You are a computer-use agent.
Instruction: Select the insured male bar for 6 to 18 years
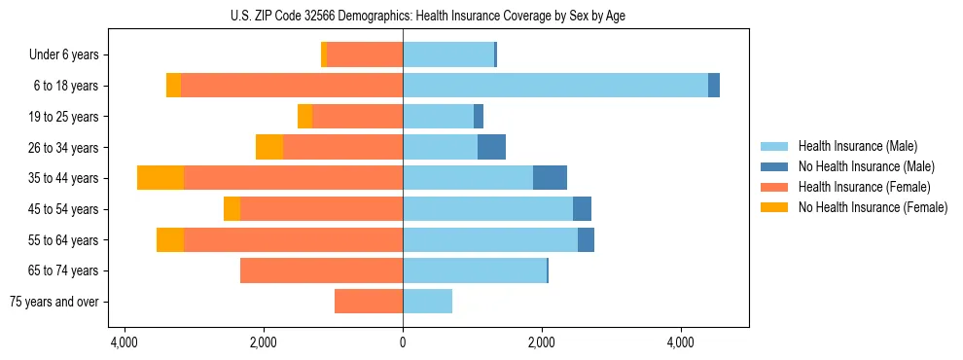555,86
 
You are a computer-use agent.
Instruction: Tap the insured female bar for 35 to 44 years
293,178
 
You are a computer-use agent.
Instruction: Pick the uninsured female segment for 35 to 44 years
160,178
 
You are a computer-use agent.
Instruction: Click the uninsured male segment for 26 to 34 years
491,147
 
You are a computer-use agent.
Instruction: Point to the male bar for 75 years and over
427,302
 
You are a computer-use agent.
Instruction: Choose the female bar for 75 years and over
369,302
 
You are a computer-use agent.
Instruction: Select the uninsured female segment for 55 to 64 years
170,240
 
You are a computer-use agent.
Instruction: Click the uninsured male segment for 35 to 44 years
550,178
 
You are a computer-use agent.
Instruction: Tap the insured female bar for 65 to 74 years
321,270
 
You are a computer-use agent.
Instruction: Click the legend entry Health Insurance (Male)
857,146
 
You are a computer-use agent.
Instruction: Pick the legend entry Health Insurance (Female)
864,187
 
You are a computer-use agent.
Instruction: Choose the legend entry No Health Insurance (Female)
873,207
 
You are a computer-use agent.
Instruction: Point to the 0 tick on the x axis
403,342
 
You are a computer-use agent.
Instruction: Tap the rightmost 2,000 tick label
542,342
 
